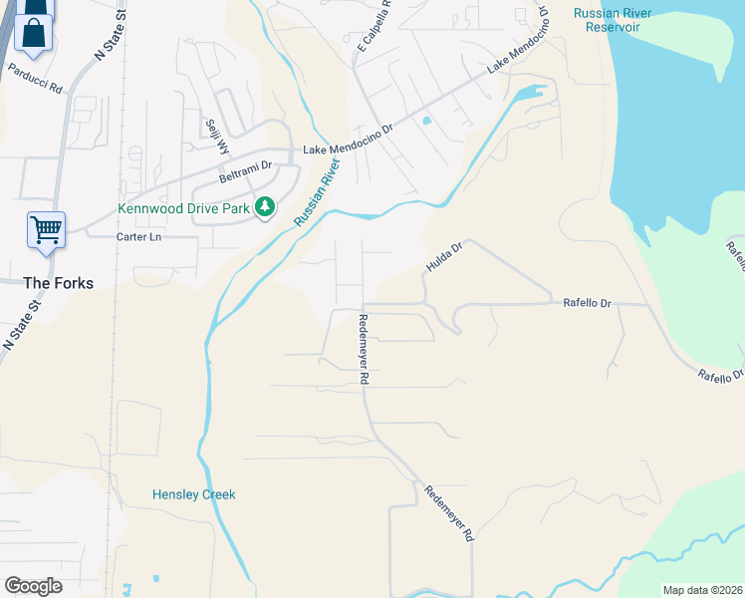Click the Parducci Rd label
pyautogui.click(x=35, y=79)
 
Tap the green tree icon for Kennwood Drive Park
pyautogui.click(x=264, y=207)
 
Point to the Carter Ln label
pyautogui.click(x=137, y=237)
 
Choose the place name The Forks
pyautogui.click(x=59, y=283)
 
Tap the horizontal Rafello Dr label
pyautogui.click(x=587, y=302)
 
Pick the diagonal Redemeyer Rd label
pyautogui.click(x=448, y=513)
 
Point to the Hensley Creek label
pyautogui.click(x=193, y=494)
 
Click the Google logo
pyautogui.click(x=33, y=585)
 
